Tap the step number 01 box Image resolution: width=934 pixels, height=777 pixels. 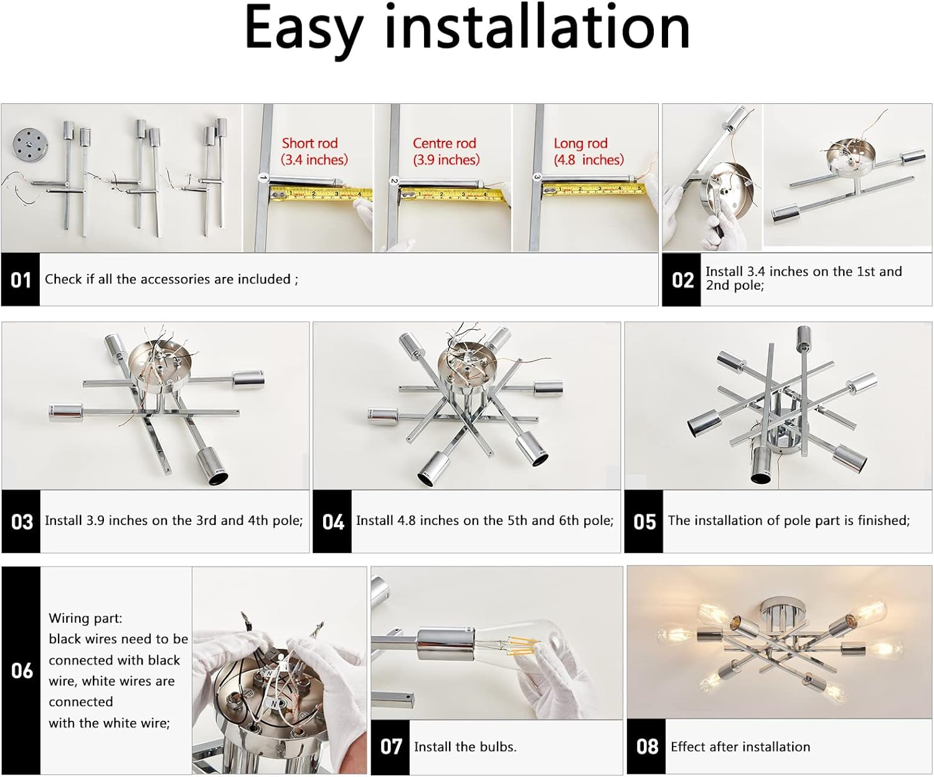[x=21, y=280]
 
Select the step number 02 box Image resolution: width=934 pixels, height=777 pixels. [x=682, y=280]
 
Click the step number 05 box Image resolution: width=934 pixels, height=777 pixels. [x=644, y=521]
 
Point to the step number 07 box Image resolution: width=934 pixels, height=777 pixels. [x=390, y=746]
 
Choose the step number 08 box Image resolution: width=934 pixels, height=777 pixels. [x=647, y=746]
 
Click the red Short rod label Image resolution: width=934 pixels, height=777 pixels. [x=309, y=143]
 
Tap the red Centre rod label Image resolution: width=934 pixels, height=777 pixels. [x=444, y=143]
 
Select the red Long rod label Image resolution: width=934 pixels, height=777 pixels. [x=580, y=143]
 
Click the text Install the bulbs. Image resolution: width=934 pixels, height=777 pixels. [x=465, y=746]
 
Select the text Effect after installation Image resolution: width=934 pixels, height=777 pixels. [x=740, y=746]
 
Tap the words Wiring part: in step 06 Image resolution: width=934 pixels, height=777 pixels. [x=85, y=618]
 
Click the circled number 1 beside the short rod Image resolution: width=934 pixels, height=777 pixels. [x=263, y=179]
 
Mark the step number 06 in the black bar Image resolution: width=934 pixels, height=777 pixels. [x=22, y=671]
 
